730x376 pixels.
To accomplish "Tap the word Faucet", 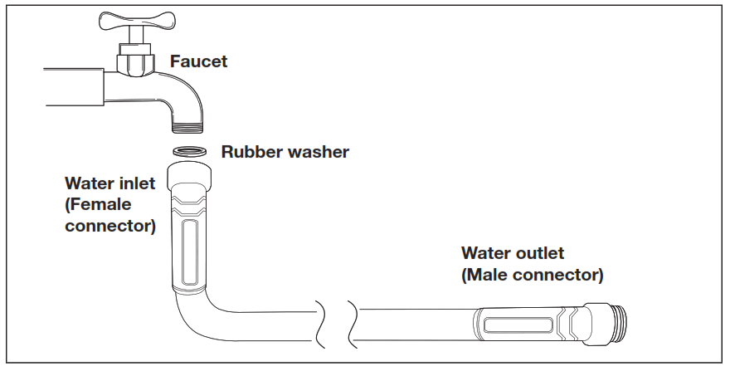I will [198, 61].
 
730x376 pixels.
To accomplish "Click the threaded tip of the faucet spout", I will [190, 126].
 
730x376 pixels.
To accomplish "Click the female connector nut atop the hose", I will [191, 177].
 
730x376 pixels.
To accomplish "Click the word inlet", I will [134, 183].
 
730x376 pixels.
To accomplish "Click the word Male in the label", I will [489, 274].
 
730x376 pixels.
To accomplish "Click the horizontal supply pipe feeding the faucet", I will [75, 86].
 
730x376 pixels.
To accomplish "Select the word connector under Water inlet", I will [109, 225].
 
